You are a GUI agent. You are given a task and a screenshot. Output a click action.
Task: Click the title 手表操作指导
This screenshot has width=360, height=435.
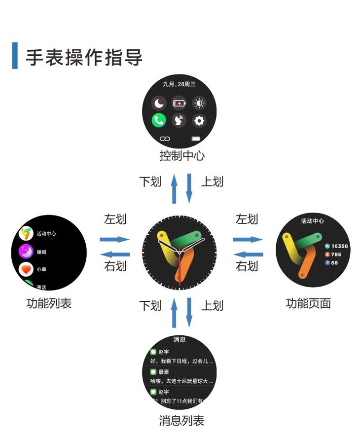[x=84, y=57]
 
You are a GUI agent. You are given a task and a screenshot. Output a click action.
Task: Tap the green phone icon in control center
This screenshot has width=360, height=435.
[x=158, y=120]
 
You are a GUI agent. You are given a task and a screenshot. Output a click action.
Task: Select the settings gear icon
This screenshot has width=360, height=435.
[x=199, y=120]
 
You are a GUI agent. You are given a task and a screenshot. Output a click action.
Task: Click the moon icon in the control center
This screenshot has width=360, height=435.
[x=158, y=103]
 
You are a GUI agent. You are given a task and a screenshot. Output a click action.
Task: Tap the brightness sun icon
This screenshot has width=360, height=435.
[x=199, y=103]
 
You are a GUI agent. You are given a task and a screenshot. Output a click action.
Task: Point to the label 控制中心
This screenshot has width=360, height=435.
[x=181, y=156]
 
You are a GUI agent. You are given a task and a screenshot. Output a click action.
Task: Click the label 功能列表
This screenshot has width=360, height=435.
[x=48, y=303]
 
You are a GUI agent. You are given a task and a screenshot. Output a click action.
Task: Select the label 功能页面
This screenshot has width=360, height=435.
[x=308, y=303]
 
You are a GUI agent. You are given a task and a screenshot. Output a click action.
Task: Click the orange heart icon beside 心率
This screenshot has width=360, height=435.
[x=26, y=269]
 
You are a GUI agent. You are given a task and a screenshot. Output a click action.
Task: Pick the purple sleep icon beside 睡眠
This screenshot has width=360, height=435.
[x=26, y=252]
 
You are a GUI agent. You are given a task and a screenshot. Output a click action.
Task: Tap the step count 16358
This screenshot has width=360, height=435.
[x=339, y=246]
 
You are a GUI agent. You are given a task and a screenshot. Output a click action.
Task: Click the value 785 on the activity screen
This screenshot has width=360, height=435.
[x=336, y=254]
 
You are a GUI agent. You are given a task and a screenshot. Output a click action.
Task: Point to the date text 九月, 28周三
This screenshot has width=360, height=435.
[x=180, y=85]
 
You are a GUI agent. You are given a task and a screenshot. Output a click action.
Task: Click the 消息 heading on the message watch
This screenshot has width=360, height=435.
[x=180, y=339]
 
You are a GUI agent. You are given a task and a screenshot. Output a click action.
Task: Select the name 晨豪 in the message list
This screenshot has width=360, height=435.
[x=163, y=372]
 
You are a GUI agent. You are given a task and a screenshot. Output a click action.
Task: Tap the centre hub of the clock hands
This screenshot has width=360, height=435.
[x=180, y=252]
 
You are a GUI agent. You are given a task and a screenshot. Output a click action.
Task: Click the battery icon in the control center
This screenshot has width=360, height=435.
[x=179, y=103]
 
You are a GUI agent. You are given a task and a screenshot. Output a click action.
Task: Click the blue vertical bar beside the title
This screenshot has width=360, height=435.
[x=15, y=56]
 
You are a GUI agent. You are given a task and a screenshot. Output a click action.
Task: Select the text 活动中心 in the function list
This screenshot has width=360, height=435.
[x=46, y=234]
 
